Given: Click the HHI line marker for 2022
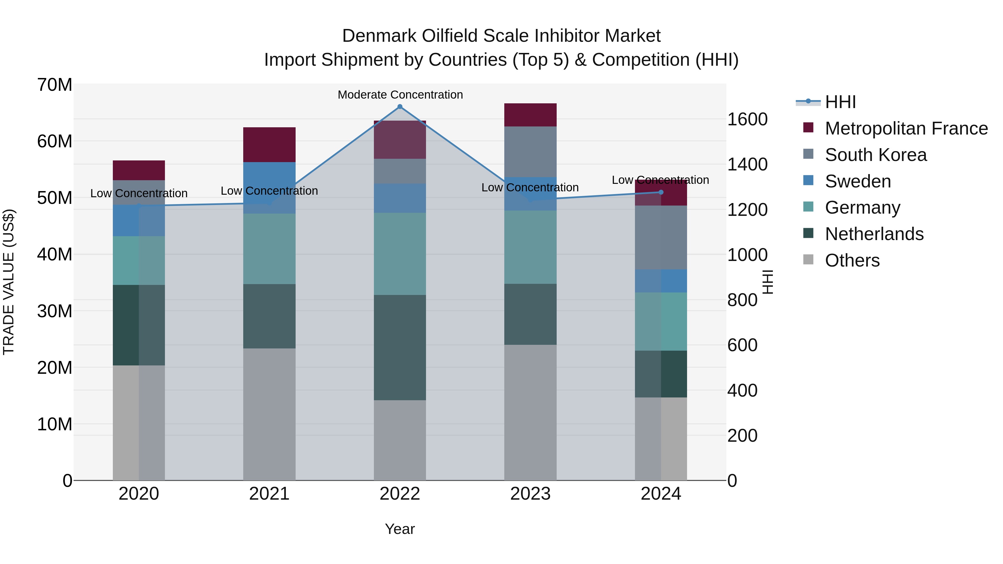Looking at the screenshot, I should (x=400, y=107).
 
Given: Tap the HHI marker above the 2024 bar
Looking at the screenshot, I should (x=661, y=192).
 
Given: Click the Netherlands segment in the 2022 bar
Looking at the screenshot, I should (x=400, y=347).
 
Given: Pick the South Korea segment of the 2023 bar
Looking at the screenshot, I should (x=530, y=152).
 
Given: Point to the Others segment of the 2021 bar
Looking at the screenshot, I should (x=269, y=414).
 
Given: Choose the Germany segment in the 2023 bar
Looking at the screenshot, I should (x=530, y=247).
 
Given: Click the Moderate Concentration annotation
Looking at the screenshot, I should (x=400, y=95).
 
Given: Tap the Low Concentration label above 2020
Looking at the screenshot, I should (x=139, y=194).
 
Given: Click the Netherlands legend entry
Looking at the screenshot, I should (x=874, y=234).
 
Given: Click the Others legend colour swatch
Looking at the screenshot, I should (x=808, y=260).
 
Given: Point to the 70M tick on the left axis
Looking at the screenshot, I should (x=55, y=85).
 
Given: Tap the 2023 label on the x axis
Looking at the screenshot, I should (x=530, y=494).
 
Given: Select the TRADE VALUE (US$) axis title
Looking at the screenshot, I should (x=9, y=282).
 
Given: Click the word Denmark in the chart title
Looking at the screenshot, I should (x=379, y=36).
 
